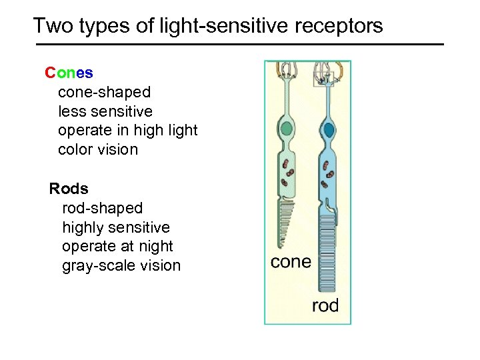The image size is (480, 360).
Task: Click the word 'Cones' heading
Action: click(x=69, y=72)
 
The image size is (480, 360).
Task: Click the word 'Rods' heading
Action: click(x=69, y=189)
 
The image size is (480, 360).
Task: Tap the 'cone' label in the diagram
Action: click(x=291, y=262)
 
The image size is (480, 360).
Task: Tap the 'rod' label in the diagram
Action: click(x=325, y=306)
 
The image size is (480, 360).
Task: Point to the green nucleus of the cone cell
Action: click(x=287, y=128)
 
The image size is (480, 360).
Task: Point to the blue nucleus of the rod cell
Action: click(x=328, y=129)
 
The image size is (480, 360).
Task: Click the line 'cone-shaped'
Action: click(x=104, y=92)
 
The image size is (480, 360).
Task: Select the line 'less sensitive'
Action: click(x=105, y=111)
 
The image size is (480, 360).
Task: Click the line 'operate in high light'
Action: click(x=128, y=131)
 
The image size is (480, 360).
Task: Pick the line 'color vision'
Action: click(x=98, y=150)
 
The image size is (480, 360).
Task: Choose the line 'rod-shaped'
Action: click(x=102, y=208)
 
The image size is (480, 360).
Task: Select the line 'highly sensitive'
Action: click(x=116, y=227)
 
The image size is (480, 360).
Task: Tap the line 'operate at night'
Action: click(x=117, y=247)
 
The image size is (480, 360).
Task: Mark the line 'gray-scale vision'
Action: click(x=121, y=266)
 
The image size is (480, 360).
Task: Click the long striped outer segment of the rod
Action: click(x=327, y=253)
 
